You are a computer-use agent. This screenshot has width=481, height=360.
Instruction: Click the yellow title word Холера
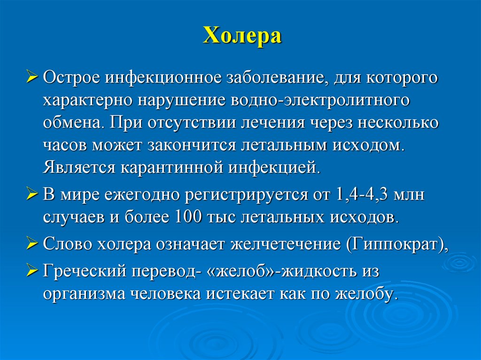[242, 36]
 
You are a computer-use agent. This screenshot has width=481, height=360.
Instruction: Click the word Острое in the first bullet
[71, 78]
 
